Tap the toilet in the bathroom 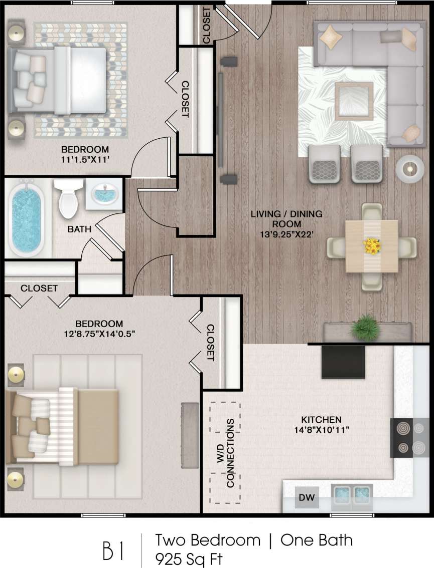click(68, 199)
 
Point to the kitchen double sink click(352, 495)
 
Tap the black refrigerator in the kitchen click(343, 362)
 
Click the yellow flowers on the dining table click(372, 245)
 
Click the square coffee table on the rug click(354, 100)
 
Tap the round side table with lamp click(410, 169)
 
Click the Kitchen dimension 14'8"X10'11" click(321, 429)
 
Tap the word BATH click(80, 230)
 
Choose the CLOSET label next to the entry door click(206, 26)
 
